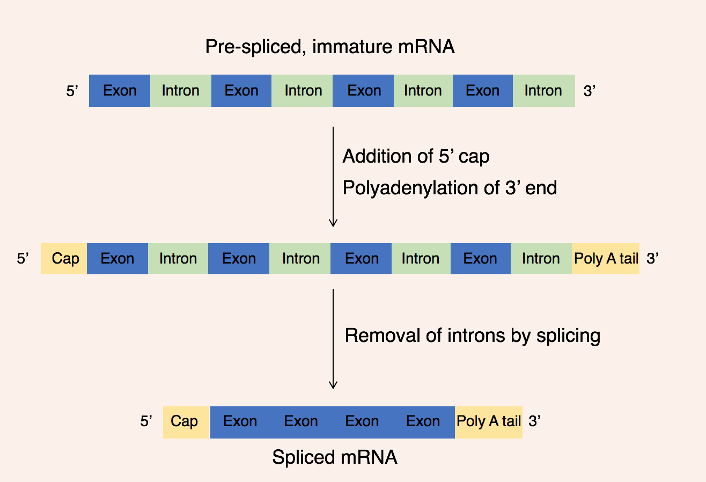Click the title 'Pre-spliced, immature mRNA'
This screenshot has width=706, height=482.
(x=329, y=47)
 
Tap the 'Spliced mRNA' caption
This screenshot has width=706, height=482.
(x=334, y=457)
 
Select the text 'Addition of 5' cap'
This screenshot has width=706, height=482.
(x=416, y=156)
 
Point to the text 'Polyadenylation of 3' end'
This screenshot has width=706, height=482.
(x=450, y=188)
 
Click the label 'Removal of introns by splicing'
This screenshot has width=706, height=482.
(x=472, y=335)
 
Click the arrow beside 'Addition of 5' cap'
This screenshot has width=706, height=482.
(x=333, y=177)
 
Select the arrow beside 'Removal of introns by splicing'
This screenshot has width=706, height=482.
(x=333, y=339)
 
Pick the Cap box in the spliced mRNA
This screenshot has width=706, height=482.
(x=185, y=422)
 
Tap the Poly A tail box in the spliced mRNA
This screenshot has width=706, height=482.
(x=489, y=422)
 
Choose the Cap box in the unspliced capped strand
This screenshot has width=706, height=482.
(x=64, y=259)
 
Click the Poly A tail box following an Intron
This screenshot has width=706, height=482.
(x=606, y=259)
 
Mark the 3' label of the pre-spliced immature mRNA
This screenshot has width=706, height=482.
(x=590, y=91)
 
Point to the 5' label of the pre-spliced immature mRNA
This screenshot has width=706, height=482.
(x=72, y=91)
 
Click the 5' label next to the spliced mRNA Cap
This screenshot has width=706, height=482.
(x=146, y=422)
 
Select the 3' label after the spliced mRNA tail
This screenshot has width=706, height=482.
(x=534, y=422)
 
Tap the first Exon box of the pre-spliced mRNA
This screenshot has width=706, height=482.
(x=120, y=91)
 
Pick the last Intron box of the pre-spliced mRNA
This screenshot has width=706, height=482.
(x=543, y=91)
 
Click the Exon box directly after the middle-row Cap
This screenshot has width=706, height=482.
(x=117, y=259)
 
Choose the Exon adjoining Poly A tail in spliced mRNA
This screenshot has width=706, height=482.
(x=423, y=422)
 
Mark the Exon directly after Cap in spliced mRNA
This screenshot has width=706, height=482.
(x=240, y=422)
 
